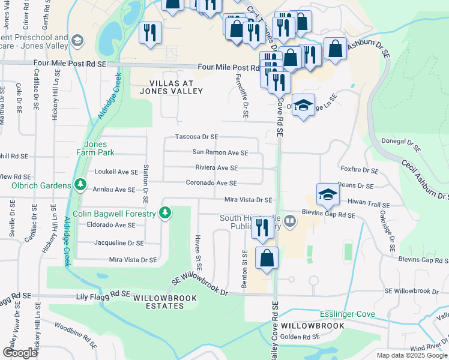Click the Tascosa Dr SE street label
(x=196, y=137)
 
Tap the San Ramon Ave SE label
(x=220, y=152)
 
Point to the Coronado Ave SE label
(x=211, y=183)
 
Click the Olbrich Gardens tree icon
(x=79, y=185)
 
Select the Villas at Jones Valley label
(x=171, y=87)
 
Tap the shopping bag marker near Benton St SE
(x=267, y=258)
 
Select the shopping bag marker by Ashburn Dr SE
(x=335, y=50)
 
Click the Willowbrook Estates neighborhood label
(x=158, y=302)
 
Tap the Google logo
(x=20, y=353)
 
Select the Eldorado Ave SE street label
(x=111, y=225)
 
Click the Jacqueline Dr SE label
(x=119, y=243)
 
